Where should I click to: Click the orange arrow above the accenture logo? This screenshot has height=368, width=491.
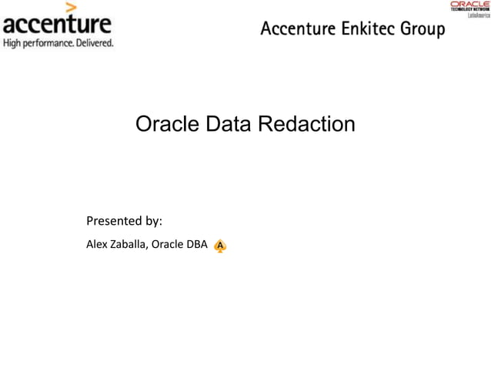[71, 8]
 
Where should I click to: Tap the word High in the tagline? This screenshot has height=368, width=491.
[13, 43]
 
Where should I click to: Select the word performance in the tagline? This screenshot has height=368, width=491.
[50, 43]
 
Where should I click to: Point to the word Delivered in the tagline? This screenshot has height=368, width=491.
[95, 43]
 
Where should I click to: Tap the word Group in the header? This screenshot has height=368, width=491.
[421, 31]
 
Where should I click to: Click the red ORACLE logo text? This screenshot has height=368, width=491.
[469, 5]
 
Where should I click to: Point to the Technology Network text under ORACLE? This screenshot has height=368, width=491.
[469, 11]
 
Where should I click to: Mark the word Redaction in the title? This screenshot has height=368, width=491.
[307, 124]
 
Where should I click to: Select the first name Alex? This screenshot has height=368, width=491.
[96, 245]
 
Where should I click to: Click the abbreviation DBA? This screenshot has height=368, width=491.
[195, 245]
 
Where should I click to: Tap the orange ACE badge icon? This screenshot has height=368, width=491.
[220, 246]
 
